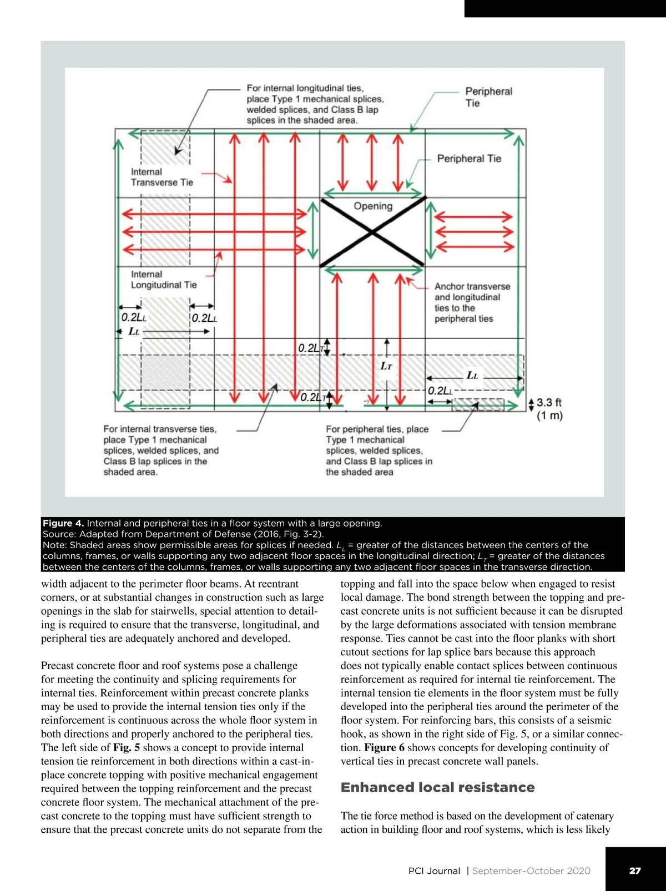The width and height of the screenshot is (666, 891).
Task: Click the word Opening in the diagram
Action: point(373,206)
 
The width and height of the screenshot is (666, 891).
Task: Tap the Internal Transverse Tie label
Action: point(162,177)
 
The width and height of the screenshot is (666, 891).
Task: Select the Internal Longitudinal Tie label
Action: point(164,280)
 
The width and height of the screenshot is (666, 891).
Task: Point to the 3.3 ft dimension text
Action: point(549,403)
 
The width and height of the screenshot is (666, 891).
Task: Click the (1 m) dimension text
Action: point(549,416)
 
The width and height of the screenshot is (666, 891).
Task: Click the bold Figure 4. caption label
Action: point(63,523)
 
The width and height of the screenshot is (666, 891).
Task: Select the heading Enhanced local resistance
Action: point(437,787)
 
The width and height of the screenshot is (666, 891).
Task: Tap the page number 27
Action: point(635,870)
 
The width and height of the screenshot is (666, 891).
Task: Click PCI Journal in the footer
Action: point(434,870)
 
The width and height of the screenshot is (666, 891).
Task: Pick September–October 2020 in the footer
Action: point(531,870)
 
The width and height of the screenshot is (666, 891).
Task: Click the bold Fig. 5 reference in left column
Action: point(127,747)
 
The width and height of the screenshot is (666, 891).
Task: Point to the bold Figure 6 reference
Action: point(384,747)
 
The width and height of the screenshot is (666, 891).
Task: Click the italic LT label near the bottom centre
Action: point(386,366)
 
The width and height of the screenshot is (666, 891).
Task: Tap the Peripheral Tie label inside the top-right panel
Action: point(469,159)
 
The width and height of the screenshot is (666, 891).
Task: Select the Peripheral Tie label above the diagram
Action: point(488,97)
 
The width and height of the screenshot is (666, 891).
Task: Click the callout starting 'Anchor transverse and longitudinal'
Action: point(472,302)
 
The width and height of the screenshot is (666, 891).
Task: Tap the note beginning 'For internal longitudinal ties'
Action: point(315,104)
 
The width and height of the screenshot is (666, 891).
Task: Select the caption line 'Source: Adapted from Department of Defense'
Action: point(183,534)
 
